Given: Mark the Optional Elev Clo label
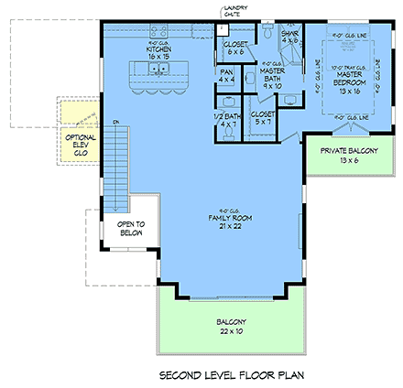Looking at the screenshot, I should tap(74, 144).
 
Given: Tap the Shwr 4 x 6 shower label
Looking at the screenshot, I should tap(292, 38).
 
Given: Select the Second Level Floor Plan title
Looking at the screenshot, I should tap(231, 373).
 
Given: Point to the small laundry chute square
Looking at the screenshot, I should tap(223, 29).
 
